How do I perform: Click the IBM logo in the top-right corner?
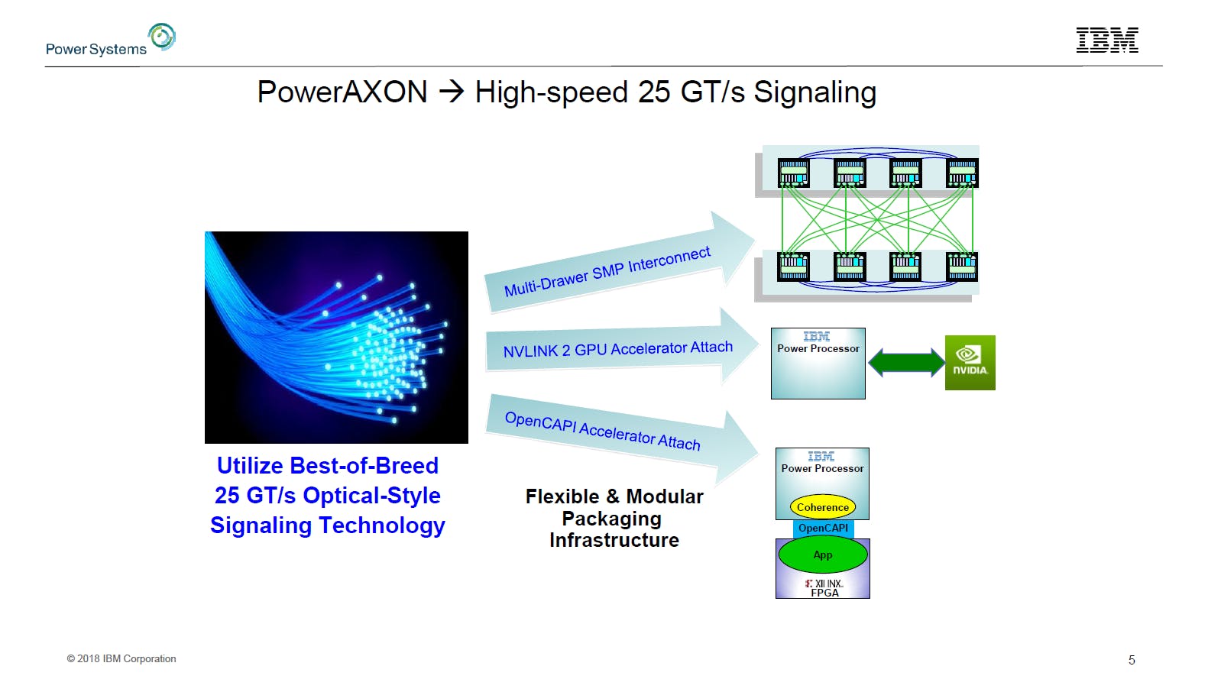click(x=1107, y=40)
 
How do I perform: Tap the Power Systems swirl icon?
click(x=162, y=36)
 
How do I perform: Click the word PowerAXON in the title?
click(x=342, y=92)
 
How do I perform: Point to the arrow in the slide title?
click(x=452, y=92)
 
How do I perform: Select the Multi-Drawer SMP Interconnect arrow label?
click(x=607, y=271)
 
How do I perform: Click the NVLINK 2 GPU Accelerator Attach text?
click(x=617, y=349)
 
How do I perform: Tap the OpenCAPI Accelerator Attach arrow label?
click(x=602, y=431)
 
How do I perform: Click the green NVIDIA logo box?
click(x=970, y=363)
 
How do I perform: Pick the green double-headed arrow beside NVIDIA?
click(x=906, y=362)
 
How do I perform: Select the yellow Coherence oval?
click(x=822, y=507)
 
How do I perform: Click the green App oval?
click(x=823, y=555)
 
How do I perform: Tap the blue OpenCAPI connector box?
click(x=823, y=529)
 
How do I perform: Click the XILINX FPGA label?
click(x=824, y=588)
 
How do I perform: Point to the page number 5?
click(x=1132, y=660)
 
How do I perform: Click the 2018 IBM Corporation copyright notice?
click(x=121, y=658)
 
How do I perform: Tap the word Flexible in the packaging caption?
click(x=562, y=496)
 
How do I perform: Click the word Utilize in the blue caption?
click(x=250, y=466)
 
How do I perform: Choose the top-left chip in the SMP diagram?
click(x=793, y=173)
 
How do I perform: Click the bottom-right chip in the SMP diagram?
click(x=961, y=267)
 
